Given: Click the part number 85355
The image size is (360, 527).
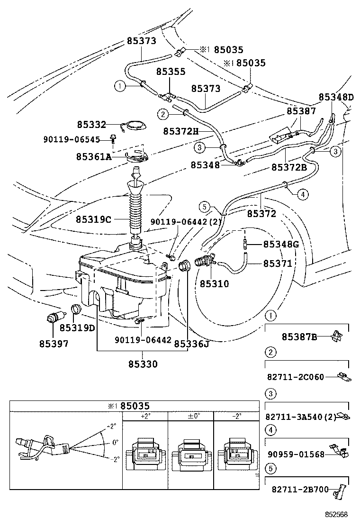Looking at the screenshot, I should pyautogui.click(x=171, y=72).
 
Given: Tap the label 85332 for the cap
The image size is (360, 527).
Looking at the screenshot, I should pyautogui.click(x=91, y=125).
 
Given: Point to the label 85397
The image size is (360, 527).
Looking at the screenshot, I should pyautogui.click(x=54, y=344).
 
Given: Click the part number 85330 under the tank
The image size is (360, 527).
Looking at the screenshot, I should pyautogui.click(x=143, y=364).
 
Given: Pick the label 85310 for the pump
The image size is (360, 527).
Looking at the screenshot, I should pyautogui.click(x=214, y=284).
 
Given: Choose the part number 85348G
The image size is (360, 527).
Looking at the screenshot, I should pyautogui.click(x=281, y=245).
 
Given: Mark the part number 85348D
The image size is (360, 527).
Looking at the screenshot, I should pyautogui.click(x=336, y=97).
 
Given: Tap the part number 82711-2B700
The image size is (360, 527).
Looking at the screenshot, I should pyautogui.click(x=300, y=490).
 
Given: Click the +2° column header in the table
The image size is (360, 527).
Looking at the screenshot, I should pyautogui.click(x=145, y=416).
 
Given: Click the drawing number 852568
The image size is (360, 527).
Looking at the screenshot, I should pyautogui.click(x=336, y=514).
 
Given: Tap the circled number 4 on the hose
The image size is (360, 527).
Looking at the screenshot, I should pyautogui.click(x=303, y=193).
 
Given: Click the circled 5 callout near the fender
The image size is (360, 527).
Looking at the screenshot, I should pyautogui.click(x=204, y=207).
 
